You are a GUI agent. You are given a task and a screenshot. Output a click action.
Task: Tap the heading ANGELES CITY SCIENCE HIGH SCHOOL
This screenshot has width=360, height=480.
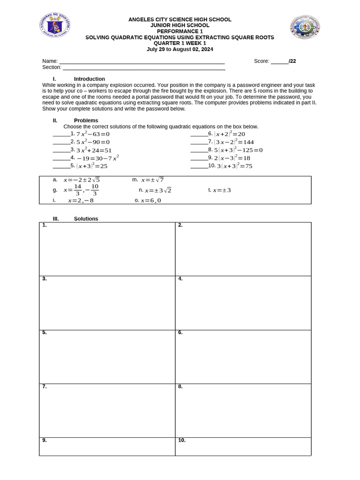[180, 20]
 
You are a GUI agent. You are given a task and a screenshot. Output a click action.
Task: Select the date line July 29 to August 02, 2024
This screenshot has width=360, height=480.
[180, 48]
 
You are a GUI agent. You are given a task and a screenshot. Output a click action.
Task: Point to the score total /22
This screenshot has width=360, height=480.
[292, 61]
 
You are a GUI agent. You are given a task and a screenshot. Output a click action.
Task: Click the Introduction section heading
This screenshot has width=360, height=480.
[89, 79]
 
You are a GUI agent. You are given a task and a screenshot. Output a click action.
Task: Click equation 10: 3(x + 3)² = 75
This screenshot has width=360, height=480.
[234, 166]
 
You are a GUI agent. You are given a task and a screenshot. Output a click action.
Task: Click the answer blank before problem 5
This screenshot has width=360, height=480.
[61, 165]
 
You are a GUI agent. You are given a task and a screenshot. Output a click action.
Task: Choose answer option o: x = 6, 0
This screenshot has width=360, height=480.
[150, 201]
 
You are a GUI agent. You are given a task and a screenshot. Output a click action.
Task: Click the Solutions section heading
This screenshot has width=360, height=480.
[86, 219]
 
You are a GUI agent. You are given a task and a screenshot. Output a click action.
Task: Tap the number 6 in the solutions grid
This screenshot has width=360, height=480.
[180, 333]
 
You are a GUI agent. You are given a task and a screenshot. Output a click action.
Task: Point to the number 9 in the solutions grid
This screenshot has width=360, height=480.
[44, 441]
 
